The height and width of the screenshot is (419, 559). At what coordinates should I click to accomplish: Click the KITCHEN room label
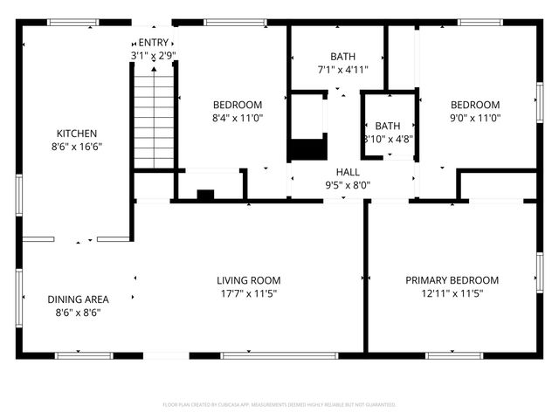pyautogui.click(x=77, y=134)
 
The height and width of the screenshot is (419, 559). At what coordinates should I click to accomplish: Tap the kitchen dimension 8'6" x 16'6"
pyautogui.click(x=77, y=148)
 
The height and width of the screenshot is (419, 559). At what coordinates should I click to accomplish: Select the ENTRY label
pyautogui.click(x=153, y=42)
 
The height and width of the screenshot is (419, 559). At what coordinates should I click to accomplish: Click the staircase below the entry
pyautogui.click(x=154, y=122)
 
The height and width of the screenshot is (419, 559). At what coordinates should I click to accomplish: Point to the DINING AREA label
pyautogui.click(x=78, y=299)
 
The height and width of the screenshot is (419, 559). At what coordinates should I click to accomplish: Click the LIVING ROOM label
pyautogui.click(x=249, y=280)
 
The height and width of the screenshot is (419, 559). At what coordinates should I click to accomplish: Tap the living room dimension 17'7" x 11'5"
pyautogui.click(x=249, y=294)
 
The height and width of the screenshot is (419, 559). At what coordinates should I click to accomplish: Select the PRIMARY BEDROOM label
pyautogui.click(x=452, y=280)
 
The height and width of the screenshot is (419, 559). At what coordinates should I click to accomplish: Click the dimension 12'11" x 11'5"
pyautogui.click(x=452, y=294)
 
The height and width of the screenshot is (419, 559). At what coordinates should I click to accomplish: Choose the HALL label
pyautogui.click(x=348, y=172)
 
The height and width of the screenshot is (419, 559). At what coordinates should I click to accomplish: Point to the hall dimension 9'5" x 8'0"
pyautogui.click(x=348, y=185)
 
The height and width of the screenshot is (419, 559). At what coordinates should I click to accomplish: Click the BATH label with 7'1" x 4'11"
pyautogui.click(x=337, y=57)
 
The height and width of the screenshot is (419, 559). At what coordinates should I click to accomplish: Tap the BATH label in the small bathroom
pyautogui.click(x=387, y=126)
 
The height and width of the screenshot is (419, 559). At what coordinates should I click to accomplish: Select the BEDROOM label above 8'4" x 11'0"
pyautogui.click(x=238, y=105)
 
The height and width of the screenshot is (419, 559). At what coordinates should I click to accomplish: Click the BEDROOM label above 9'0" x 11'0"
pyautogui.click(x=474, y=105)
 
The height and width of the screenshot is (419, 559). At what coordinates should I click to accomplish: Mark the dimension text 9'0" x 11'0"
pyautogui.click(x=474, y=118)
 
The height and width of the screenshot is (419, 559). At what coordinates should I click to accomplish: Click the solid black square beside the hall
pyautogui.click(x=307, y=149)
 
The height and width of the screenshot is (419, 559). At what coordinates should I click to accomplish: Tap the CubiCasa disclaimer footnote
pyautogui.click(x=279, y=405)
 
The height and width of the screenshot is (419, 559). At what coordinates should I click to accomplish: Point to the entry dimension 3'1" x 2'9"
pyautogui.click(x=153, y=56)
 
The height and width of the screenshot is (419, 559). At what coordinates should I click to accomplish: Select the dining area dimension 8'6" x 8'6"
pyautogui.click(x=78, y=313)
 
